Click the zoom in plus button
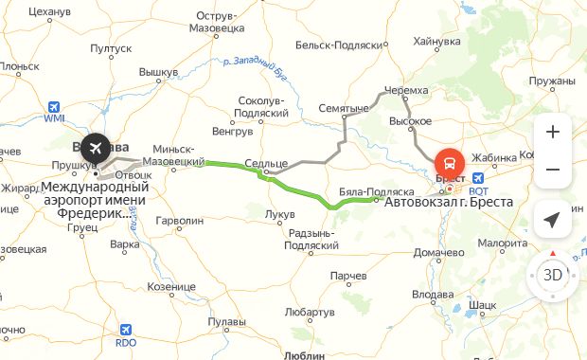click(553, 132)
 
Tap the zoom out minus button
click(553, 170)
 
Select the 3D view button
click(553, 276)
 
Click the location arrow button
click(553, 220)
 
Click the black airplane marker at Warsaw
click(94, 148)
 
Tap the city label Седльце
click(266, 163)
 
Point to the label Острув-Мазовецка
click(227, 22)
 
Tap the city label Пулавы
click(227, 323)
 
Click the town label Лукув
click(280, 215)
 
